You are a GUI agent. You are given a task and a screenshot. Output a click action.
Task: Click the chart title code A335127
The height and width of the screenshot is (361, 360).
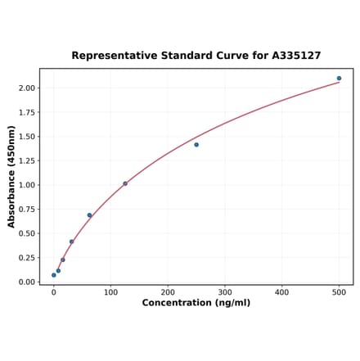(x=292, y=56)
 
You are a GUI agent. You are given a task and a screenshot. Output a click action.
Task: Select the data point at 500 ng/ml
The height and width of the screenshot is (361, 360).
(x=339, y=79)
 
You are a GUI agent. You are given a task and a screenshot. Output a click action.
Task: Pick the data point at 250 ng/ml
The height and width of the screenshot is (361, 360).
(x=196, y=145)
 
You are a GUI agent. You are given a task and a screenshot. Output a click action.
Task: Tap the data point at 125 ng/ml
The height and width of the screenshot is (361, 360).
(x=125, y=183)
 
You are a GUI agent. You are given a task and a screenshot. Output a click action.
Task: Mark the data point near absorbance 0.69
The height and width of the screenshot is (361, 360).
(x=89, y=215)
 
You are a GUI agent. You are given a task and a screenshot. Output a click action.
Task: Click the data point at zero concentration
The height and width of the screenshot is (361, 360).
(x=54, y=275)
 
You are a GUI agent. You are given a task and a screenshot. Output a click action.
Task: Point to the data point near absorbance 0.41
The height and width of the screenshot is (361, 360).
(x=71, y=241)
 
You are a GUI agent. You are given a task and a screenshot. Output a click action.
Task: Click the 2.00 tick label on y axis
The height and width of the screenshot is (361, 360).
(x=27, y=88)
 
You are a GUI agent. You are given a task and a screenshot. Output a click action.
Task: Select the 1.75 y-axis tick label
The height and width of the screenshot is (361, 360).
(x=27, y=112)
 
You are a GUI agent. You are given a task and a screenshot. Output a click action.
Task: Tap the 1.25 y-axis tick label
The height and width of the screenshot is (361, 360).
(x=27, y=160)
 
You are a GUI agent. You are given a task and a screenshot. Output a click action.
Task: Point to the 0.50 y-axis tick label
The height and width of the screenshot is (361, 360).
(x=27, y=233)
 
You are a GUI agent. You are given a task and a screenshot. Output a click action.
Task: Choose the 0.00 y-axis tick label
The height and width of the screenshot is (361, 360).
(x=27, y=282)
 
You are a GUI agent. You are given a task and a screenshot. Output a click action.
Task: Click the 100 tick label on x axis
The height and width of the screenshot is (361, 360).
(x=110, y=292)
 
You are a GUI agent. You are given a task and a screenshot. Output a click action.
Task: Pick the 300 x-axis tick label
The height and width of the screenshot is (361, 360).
(x=225, y=292)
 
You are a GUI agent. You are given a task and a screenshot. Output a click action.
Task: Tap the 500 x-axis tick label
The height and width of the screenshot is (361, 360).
(x=339, y=292)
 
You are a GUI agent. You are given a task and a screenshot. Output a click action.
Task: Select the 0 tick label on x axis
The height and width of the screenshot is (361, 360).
(x=54, y=292)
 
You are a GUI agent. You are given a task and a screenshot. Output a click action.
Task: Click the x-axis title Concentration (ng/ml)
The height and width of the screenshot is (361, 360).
(x=196, y=303)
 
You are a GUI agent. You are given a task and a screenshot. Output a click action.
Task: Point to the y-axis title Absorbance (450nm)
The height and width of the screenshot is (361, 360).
(x=11, y=177)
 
